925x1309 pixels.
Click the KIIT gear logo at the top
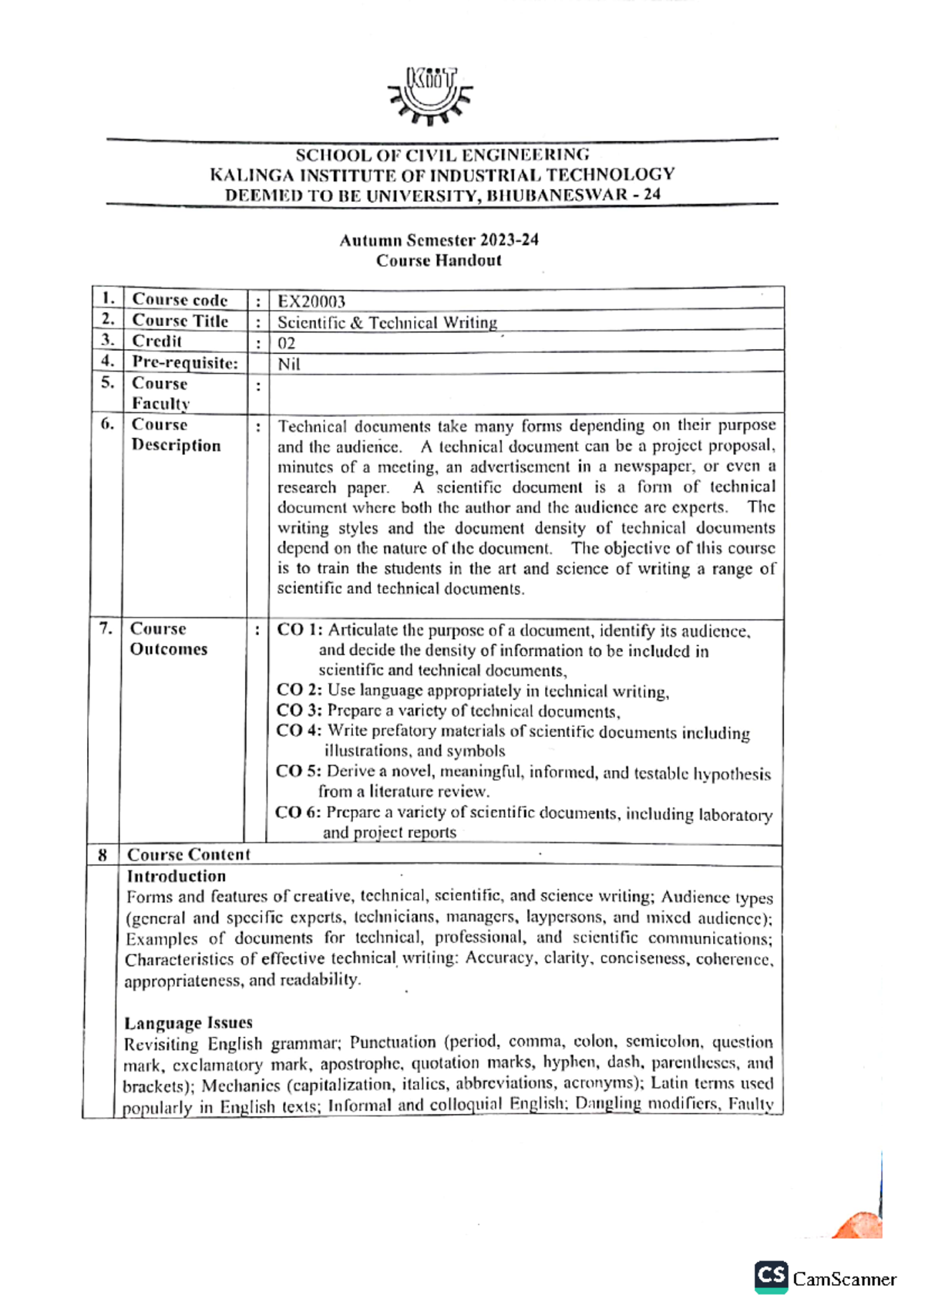[x=430, y=95]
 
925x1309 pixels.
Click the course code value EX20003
[x=311, y=301]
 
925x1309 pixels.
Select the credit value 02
[x=286, y=343]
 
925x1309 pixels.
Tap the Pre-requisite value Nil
[x=288, y=364]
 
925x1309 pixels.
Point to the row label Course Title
[x=180, y=321]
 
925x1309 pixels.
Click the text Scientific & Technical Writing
[x=387, y=322]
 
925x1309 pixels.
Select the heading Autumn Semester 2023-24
[x=439, y=240]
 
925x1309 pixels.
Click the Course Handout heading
[x=439, y=261]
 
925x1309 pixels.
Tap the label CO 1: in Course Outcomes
[x=299, y=630]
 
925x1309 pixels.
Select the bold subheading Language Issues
[x=188, y=1022]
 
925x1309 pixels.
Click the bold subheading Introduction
[x=176, y=876]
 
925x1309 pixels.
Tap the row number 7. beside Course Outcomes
[x=105, y=628]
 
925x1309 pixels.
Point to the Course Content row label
[x=188, y=854]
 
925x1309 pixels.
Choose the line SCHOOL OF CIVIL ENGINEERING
[x=442, y=154]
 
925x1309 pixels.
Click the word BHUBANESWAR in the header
[x=557, y=195]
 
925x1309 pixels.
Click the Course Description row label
[x=175, y=435]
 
